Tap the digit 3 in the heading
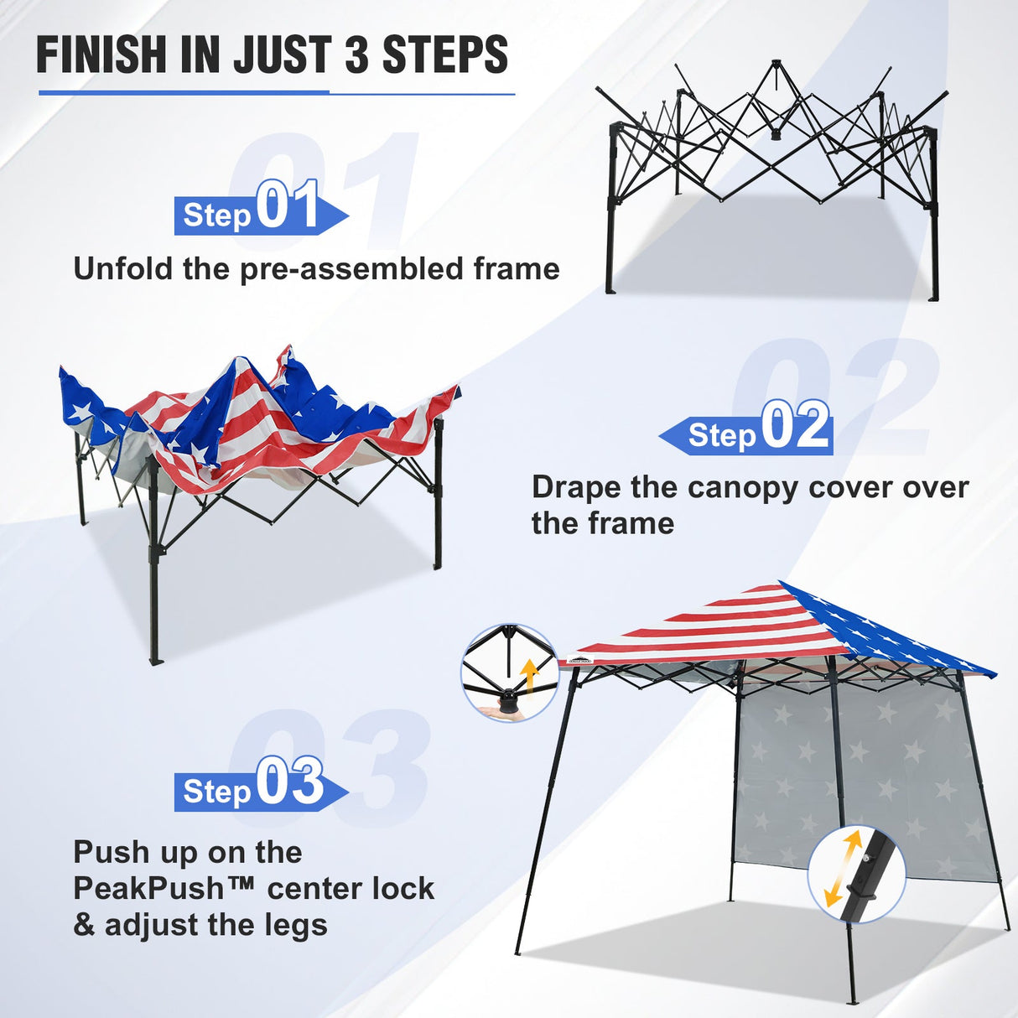coord(356,55)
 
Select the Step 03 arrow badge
coord(260,788)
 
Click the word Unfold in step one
coord(123,269)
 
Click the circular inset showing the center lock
coord(509,673)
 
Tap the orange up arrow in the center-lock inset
coord(529,676)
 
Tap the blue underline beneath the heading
coord(277,93)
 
